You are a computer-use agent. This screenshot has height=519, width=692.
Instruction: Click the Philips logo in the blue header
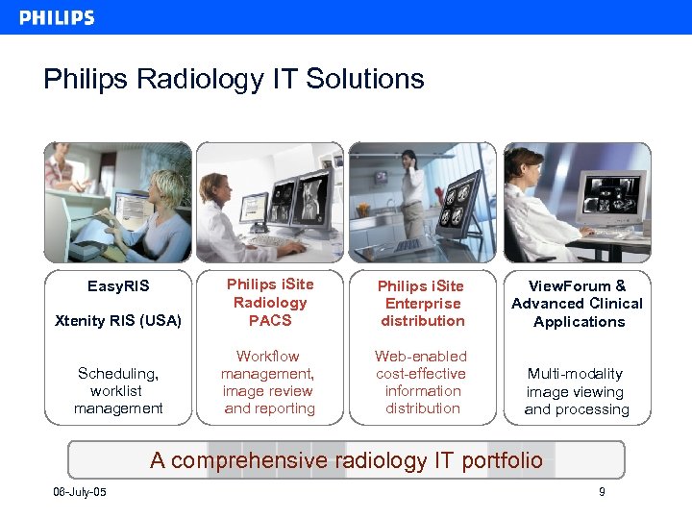[x=57, y=17]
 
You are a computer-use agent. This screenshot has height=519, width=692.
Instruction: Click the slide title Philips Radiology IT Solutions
[x=234, y=79]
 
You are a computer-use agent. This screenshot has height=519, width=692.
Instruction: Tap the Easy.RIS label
[x=118, y=286]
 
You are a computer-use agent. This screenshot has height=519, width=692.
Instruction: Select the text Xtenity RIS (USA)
[x=119, y=320]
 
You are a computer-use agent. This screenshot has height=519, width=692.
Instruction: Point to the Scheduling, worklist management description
[x=118, y=390]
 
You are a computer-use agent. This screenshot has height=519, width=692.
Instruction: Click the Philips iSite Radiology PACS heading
[x=269, y=302]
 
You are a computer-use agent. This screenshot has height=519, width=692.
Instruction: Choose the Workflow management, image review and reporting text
[x=269, y=382]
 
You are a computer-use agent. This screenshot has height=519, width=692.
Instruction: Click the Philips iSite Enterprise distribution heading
[x=422, y=303]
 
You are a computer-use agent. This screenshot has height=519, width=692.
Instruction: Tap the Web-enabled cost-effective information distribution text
[x=422, y=382]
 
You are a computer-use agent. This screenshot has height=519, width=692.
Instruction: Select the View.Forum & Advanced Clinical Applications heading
[x=578, y=303]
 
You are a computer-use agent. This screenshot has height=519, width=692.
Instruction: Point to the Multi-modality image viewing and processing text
[x=578, y=391]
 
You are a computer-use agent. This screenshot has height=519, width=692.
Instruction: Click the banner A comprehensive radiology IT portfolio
[x=346, y=460]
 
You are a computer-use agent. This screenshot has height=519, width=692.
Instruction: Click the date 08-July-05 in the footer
[x=80, y=493]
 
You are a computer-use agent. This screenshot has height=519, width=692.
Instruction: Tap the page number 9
[x=602, y=493]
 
